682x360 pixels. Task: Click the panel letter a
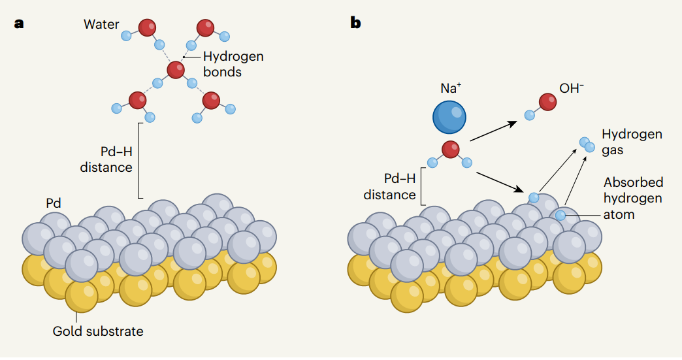tap(19, 24)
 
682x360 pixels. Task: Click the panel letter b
tap(355, 24)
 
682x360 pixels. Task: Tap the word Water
tap(101, 25)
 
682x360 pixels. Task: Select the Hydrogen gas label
tap(632, 142)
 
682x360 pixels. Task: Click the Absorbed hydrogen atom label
tap(633, 198)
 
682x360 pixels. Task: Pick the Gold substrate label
tap(98, 331)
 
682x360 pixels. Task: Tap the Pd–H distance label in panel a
tap(106, 159)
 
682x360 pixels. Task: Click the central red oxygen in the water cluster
tap(175, 69)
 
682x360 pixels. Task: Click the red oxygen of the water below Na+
tap(450, 150)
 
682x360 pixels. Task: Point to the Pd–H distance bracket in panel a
tap(139, 160)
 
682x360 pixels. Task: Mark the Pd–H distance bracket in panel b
tap(422, 186)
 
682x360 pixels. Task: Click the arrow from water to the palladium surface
tap(501, 182)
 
